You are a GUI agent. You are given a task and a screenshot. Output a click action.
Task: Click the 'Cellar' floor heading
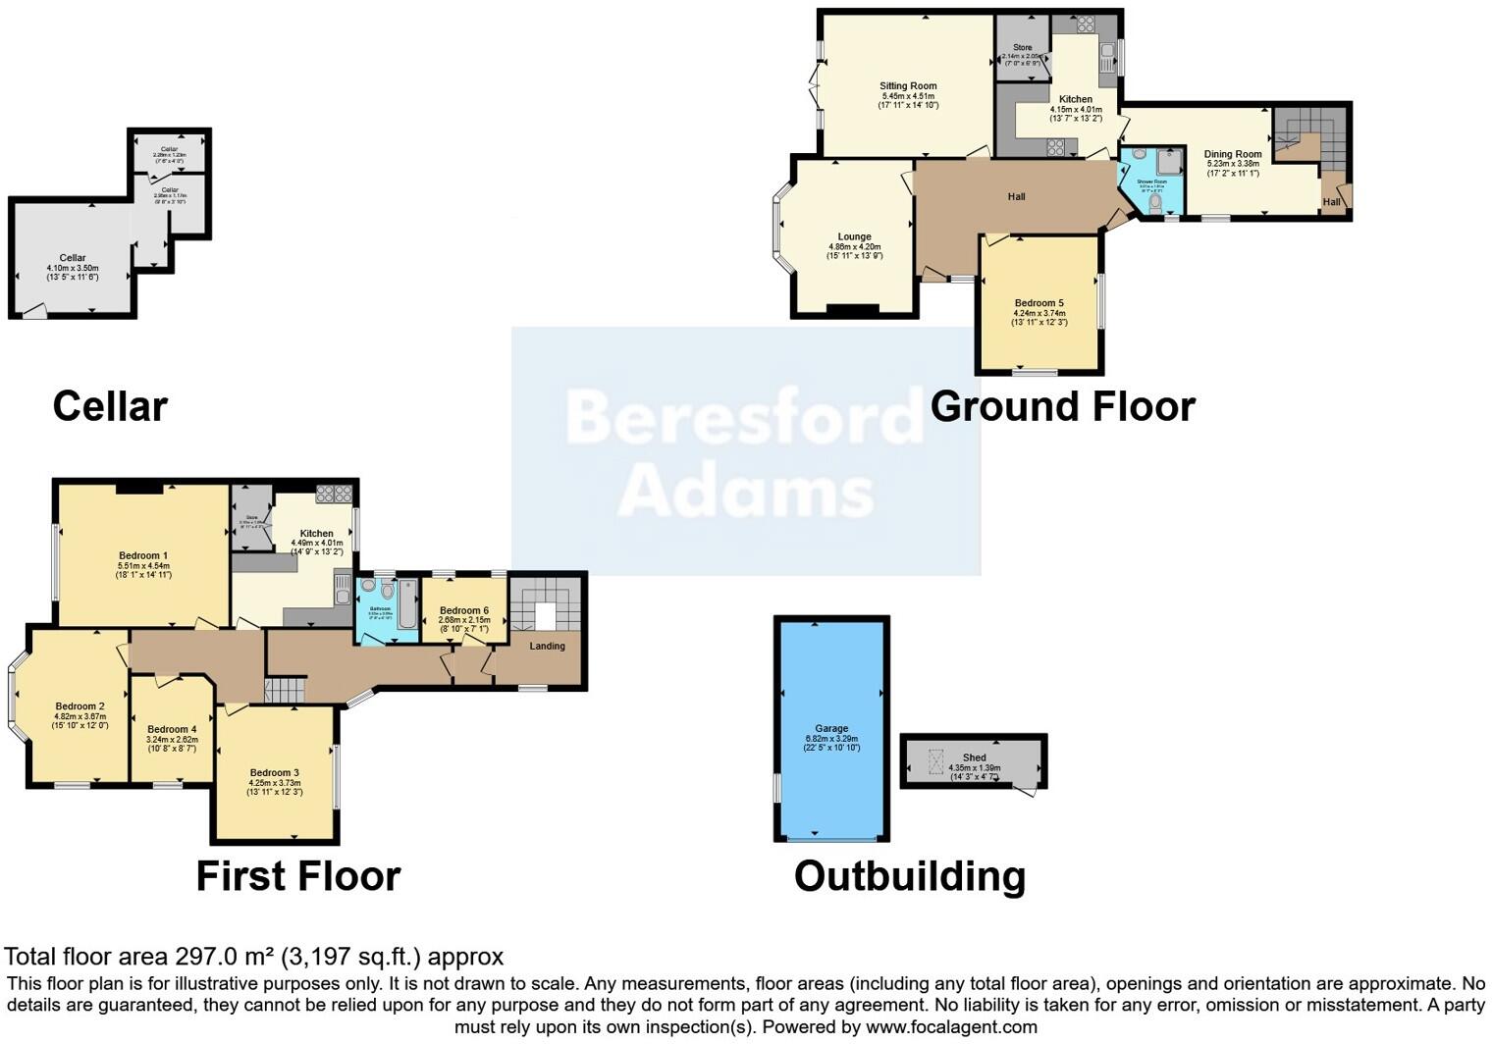(x=110, y=406)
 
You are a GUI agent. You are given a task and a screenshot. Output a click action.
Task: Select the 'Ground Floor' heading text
(x=1062, y=406)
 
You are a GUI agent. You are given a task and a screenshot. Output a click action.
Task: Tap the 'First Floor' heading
(x=298, y=876)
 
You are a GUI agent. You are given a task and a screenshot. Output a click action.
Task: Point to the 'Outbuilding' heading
(x=910, y=876)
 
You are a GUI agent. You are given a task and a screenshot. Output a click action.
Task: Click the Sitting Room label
(x=908, y=86)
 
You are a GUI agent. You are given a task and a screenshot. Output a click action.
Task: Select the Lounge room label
(x=854, y=236)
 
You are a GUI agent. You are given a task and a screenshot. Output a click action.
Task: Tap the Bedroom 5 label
(x=1039, y=303)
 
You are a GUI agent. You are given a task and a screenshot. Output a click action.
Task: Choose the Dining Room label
(x=1233, y=154)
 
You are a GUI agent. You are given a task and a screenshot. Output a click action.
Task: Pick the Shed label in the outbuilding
(x=974, y=757)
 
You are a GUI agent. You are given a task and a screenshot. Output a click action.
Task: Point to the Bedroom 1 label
(x=143, y=555)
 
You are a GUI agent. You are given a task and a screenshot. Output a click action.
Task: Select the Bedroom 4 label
(x=172, y=729)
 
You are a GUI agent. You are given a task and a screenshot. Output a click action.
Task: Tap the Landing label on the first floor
(x=547, y=646)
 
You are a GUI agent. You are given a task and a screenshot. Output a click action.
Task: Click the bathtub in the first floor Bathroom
(x=407, y=603)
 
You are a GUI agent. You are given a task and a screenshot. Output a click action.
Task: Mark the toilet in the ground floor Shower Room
(x=1155, y=203)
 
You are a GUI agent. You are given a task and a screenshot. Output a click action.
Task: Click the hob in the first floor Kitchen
(x=334, y=494)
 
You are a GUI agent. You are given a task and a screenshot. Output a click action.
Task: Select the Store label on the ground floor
(x=1022, y=47)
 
